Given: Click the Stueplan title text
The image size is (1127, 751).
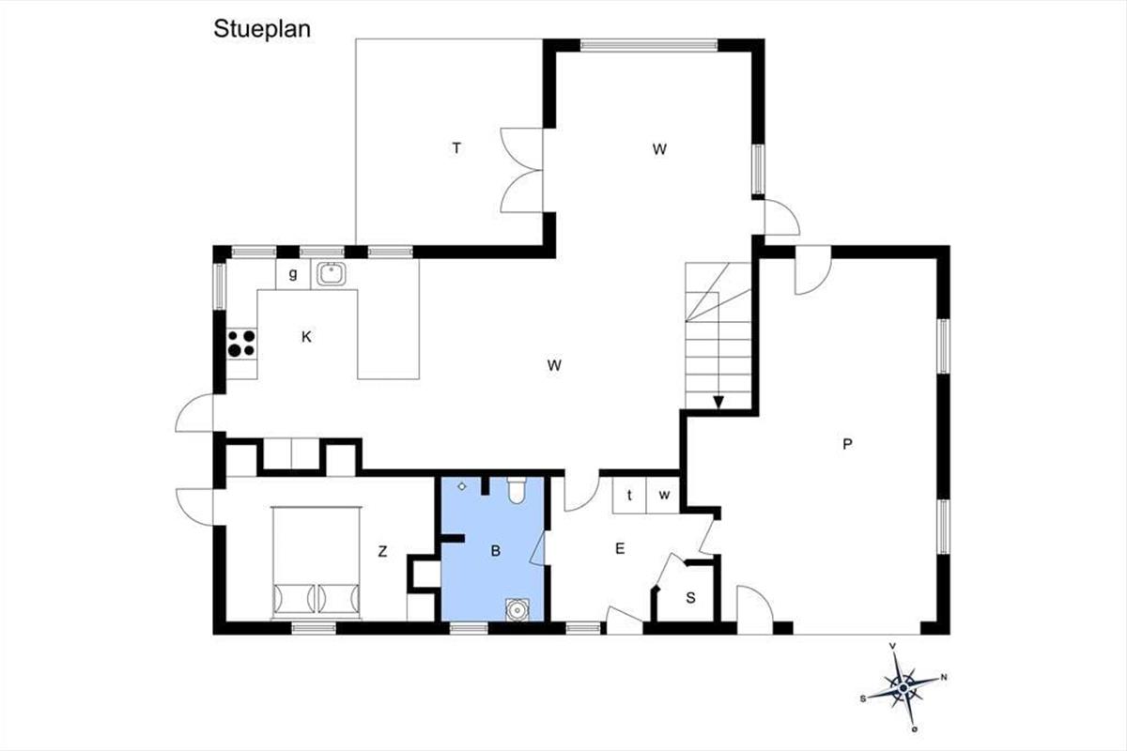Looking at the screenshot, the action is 262,29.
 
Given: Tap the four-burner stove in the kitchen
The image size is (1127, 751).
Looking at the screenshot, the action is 241,343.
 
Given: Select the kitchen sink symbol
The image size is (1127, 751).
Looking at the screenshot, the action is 331,274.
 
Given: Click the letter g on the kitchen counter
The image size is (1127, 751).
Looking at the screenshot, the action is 293,274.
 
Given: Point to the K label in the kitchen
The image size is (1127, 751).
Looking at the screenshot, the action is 306,337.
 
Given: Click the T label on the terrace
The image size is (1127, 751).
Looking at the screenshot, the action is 456,148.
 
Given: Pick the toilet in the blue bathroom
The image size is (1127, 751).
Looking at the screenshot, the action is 517,490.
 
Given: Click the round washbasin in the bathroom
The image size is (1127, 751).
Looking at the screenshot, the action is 517,609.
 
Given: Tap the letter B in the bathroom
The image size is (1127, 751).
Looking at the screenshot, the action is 496,551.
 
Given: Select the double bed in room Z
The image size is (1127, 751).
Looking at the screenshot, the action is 316,562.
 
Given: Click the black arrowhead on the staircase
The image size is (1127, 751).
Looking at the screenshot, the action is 718,403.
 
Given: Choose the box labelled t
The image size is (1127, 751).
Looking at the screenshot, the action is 629,495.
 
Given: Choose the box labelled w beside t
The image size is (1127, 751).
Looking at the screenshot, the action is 663,495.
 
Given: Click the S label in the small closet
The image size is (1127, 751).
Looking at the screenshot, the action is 691,598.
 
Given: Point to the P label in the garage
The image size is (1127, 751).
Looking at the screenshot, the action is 847,444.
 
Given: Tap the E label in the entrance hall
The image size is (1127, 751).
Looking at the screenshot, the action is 620,548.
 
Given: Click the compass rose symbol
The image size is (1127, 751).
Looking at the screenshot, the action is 904,687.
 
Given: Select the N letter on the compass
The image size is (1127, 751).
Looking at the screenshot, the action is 944,678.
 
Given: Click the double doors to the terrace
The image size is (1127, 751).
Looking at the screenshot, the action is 522,170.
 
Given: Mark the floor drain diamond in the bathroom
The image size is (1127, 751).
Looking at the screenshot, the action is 462,486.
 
